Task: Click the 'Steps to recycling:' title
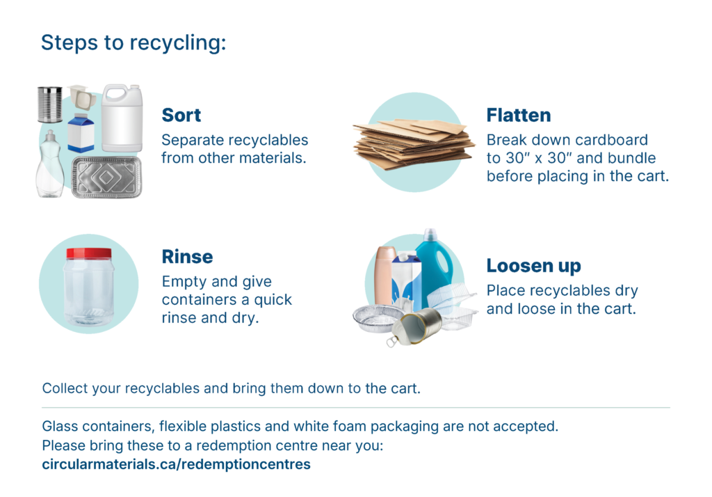pos(133,43)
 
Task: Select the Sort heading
pos(181,115)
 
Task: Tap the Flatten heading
pos(519,115)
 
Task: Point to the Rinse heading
pos(187,256)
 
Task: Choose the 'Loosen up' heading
pos(533,266)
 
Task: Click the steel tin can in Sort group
pos(49,104)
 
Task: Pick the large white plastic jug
pos(122,118)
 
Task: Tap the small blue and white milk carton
pos(81,132)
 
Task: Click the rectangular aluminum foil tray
pos(106,177)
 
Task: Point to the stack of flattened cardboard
pos(413,142)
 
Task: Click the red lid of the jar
pos(89,253)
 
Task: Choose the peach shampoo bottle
pos(385,276)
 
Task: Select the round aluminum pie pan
pos(376,318)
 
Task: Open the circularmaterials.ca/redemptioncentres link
pos(176,464)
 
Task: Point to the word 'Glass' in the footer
pos(60,426)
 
